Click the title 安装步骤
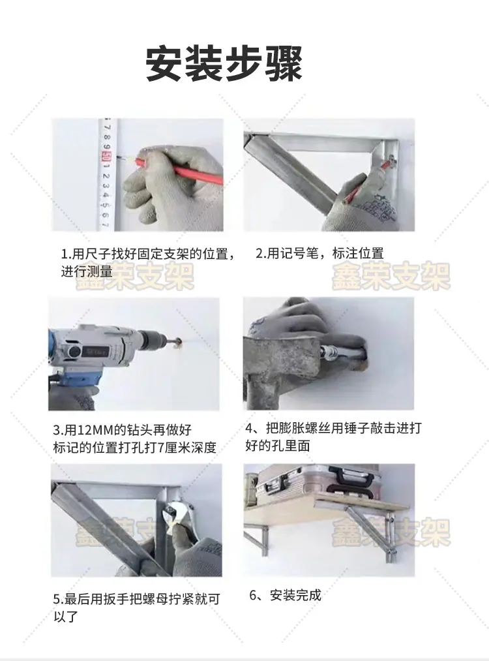point(224,64)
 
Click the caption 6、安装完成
point(285,595)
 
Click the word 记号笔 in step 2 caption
point(299,253)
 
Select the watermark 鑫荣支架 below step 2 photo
point(391,276)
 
